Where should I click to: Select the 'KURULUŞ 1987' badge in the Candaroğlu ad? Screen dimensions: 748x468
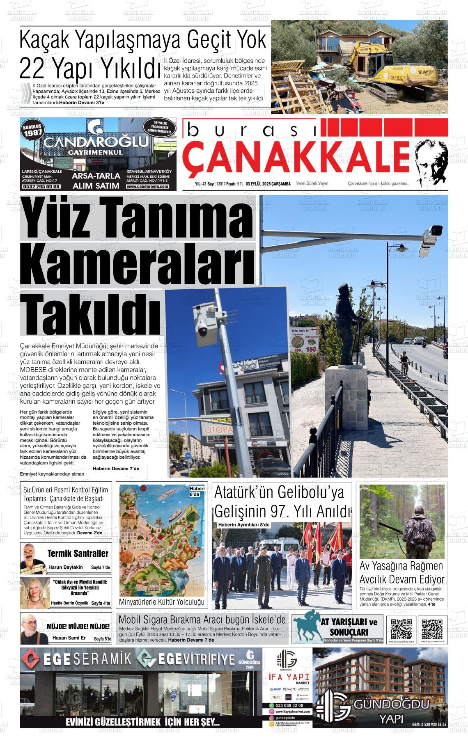click(x=33, y=130)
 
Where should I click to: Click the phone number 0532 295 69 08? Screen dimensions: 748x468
click(x=41, y=187)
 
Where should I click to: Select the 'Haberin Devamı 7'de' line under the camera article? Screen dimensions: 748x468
click(x=116, y=469)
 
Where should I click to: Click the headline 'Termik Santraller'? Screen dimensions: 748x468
click(x=78, y=554)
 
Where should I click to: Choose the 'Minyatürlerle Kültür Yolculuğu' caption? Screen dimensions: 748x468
click(x=161, y=602)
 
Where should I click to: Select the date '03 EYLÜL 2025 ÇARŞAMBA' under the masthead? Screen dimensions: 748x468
click(x=268, y=184)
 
